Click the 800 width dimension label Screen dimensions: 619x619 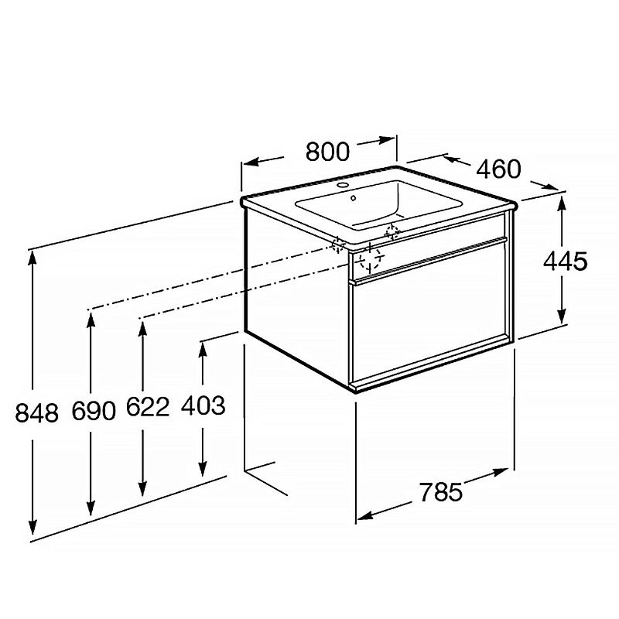pyautogui.click(x=327, y=151)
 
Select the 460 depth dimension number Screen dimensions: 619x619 pyautogui.click(x=499, y=169)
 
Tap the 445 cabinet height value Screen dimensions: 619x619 pyautogui.click(x=566, y=261)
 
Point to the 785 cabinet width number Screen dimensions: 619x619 pyautogui.click(x=440, y=492)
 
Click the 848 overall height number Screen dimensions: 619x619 pyautogui.click(x=36, y=413)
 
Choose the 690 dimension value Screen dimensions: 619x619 pyautogui.click(x=94, y=411)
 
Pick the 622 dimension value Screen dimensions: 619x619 pyautogui.click(x=148, y=407)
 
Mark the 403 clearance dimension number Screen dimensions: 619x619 pyautogui.click(x=203, y=405)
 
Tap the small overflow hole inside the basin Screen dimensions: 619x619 pyautogui.click(x=354, y=198)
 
